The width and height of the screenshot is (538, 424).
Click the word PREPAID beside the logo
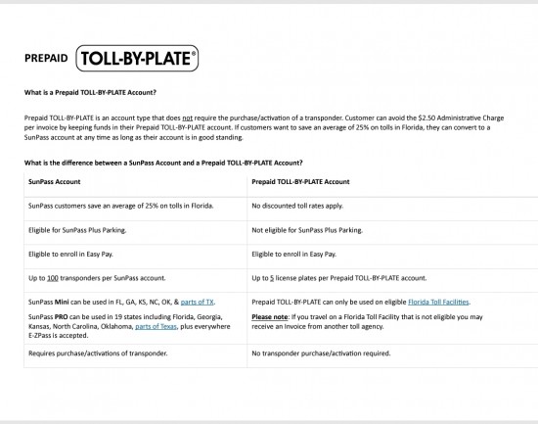(x=46, y=59)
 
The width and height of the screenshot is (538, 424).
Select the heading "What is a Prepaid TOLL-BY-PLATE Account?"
(x=89, y=93)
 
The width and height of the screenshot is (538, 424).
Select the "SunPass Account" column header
(x=55, y=181)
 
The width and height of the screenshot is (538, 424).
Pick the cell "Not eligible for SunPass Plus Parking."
(x=306, y=229)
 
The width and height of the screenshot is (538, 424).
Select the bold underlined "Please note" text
(x=271, y=317)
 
